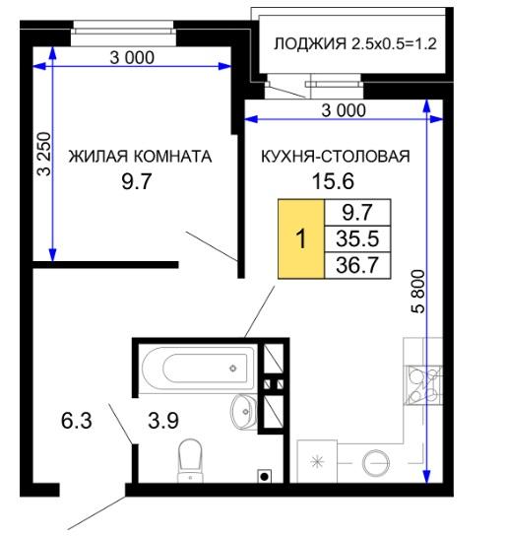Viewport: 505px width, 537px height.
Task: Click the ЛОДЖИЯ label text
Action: [x=310, y=43]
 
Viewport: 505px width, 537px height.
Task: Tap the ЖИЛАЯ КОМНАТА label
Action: [x=140, y=156]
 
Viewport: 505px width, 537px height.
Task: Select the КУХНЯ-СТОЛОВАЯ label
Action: [x=336, y=156]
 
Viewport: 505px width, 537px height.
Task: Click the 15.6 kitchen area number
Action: [x=333, y=181]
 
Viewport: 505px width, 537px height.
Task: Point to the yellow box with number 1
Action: [x=301, y=238]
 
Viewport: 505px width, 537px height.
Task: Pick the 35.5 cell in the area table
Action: [x=357, y=238]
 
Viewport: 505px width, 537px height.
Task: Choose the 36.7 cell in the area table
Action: [x=357, y=265]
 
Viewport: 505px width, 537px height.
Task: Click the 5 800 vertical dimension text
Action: [x=418, y=292]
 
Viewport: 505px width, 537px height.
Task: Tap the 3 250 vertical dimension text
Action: [x=44, y=154]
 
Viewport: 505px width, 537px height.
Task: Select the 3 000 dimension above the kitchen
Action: [x=344, y=110]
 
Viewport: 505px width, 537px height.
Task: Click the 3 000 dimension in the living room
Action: [x=132, y=57]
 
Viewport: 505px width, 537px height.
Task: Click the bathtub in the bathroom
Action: [x=199, y=369]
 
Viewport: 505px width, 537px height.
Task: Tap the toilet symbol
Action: [x=190, y=460]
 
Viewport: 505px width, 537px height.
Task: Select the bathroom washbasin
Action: [x=243, y=411]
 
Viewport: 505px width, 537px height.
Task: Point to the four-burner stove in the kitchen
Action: [x=423, y=385]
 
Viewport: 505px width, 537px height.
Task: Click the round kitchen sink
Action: [x=376, y=463]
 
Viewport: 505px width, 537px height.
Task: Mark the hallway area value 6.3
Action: [x=77, y=420]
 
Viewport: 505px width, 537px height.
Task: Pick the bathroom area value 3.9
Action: [x=163, y=420]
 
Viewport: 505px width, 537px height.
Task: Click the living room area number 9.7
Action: [x=137, y=181]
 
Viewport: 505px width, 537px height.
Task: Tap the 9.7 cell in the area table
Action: [x=357, y=212]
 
